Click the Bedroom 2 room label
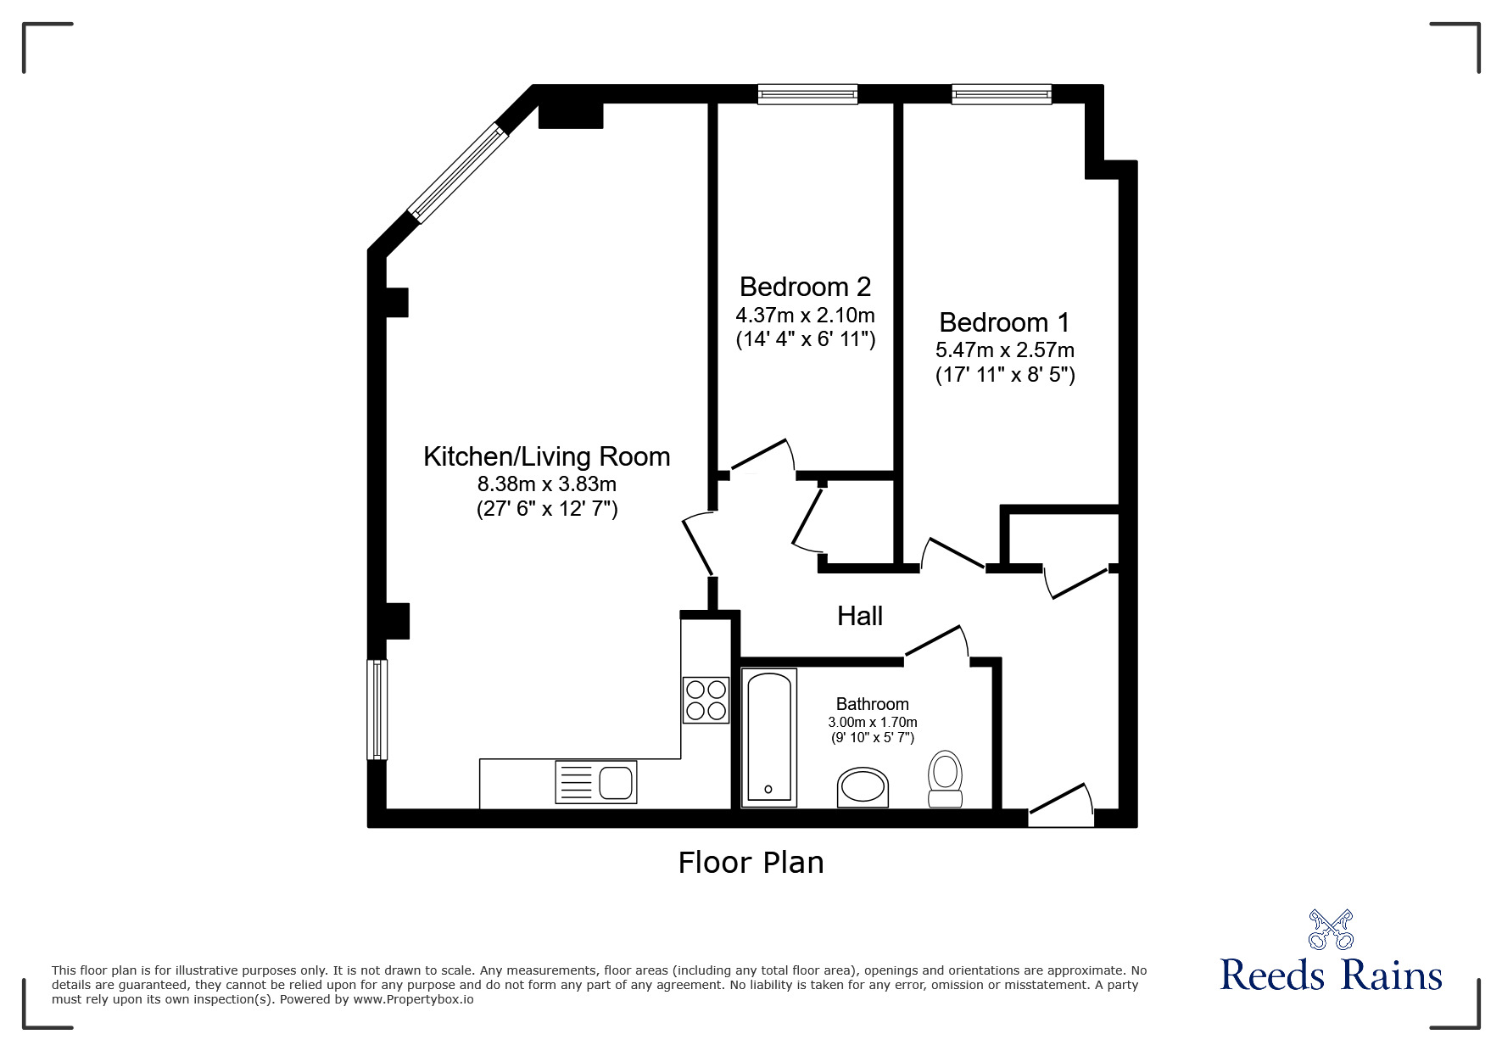tap(805, 286)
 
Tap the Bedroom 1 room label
tap(1004, 322)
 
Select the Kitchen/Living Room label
tap(547, 456)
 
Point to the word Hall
tap(860, 616)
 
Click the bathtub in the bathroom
tap(769, 736)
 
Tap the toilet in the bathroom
tap(945, 779)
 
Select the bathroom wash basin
tap(863, 788)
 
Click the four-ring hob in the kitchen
tap(706, 700)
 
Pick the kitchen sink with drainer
tap(595, 781)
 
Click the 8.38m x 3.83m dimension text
tap(547, 484)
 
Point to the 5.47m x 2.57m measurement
tap(1005, 349)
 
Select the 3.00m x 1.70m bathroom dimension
tap(873, 722)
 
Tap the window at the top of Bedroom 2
tap(807, 94)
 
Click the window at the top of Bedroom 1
tap(1002, 94)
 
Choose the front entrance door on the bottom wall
tap(1061, 806)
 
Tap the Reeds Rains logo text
tap(1331, 976)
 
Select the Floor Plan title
tap(751, 863)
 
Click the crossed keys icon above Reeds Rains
tap(1331, 929)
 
